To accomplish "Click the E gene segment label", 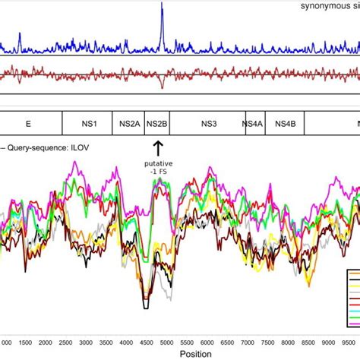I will [28, 123].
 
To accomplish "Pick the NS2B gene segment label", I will [158, 123].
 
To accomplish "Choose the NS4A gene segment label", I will [253, 123].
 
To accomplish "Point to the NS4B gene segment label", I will [286, 123].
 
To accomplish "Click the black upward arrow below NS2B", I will [159, 147].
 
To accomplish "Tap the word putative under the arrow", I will [159, 163].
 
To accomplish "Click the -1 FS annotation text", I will [159, 172].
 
